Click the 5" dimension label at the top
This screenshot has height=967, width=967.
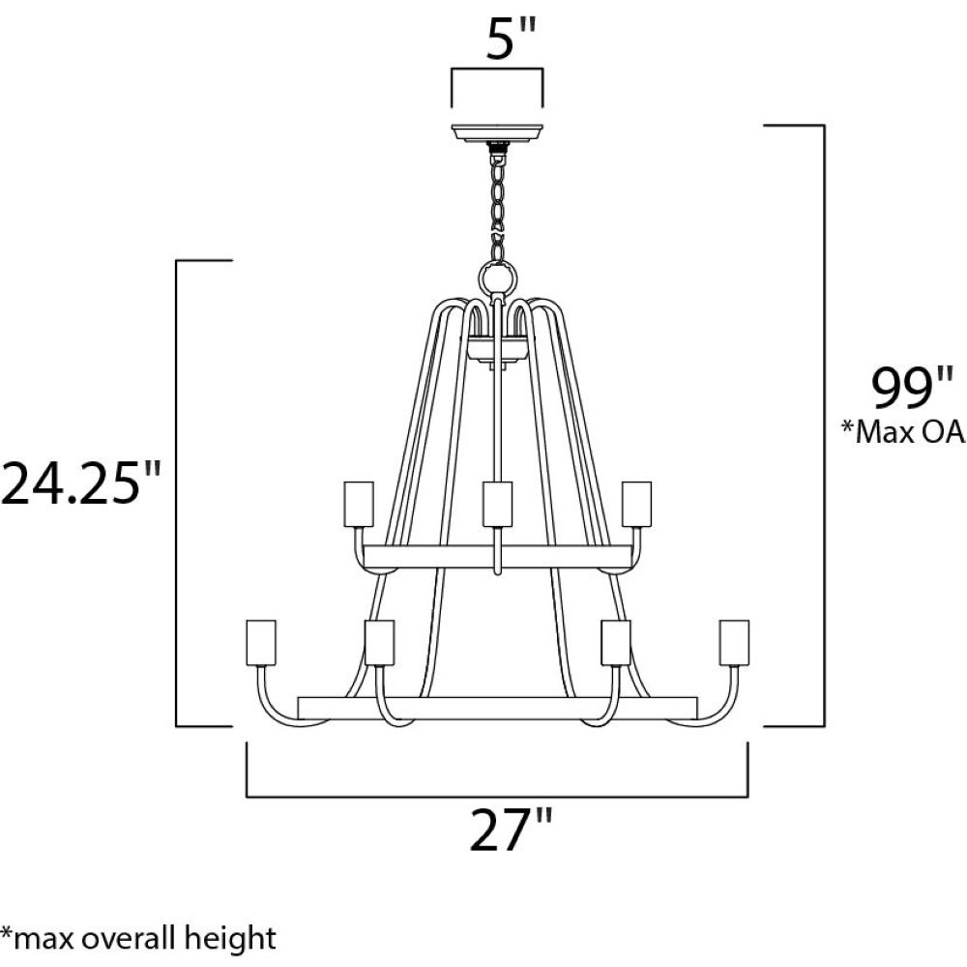tap(512, 39)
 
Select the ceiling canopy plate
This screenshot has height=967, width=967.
tap(497, 132)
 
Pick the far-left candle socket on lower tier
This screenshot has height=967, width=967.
tap(261, 643)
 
